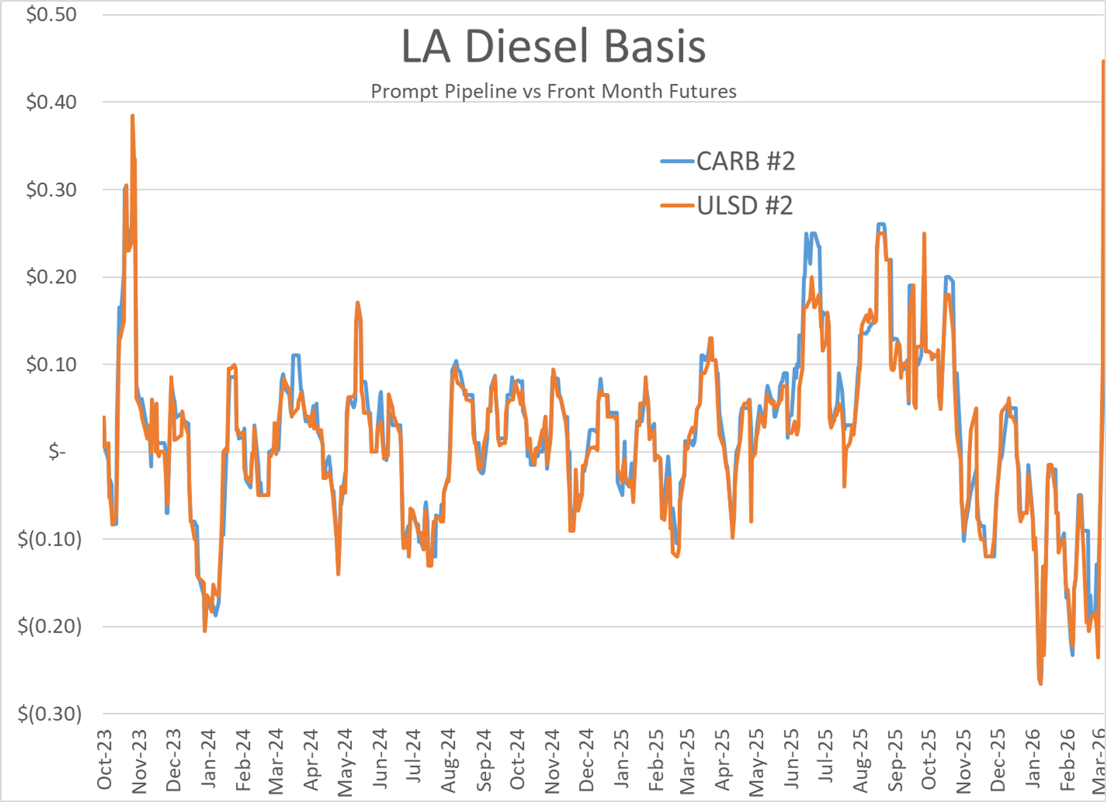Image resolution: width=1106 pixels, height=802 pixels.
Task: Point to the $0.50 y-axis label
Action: coord(51,15)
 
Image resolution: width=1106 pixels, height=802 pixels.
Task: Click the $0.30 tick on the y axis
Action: coord(51,190)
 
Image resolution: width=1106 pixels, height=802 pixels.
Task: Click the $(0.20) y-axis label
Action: coord(50,626)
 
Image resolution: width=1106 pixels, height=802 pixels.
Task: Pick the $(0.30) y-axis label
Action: coord(50,714)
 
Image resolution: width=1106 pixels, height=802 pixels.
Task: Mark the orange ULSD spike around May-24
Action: coord(357,303)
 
